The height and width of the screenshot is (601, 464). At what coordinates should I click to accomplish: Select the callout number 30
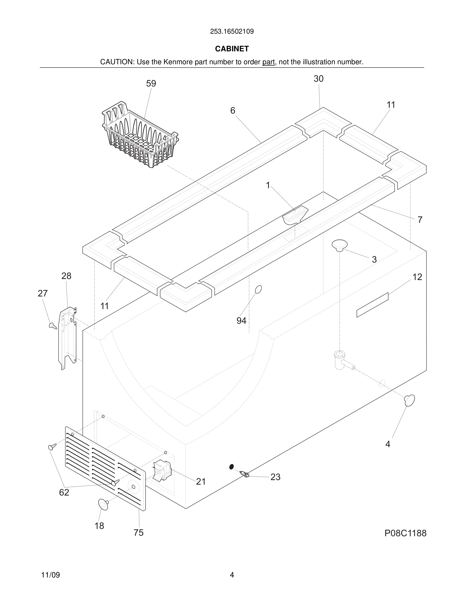(x=319, y=79)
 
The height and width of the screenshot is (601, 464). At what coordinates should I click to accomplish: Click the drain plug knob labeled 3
(x=339, y=245)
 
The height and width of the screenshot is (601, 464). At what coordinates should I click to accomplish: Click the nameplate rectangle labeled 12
(x=372, y=305)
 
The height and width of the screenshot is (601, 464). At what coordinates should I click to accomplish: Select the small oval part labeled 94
(x=258, y=289)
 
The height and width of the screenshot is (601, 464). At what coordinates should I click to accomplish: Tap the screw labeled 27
(x=53, y=326)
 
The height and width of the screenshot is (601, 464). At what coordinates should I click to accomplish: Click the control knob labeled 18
(x=103, y=505)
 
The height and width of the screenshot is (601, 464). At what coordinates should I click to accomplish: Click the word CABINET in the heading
(x=232, y=49)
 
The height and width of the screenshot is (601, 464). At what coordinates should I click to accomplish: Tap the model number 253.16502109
(x=232, y=32)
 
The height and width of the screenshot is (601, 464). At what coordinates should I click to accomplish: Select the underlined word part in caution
(x=268, y=62)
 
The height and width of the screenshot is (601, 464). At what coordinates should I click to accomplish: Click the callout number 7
(x=420, y=220)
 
